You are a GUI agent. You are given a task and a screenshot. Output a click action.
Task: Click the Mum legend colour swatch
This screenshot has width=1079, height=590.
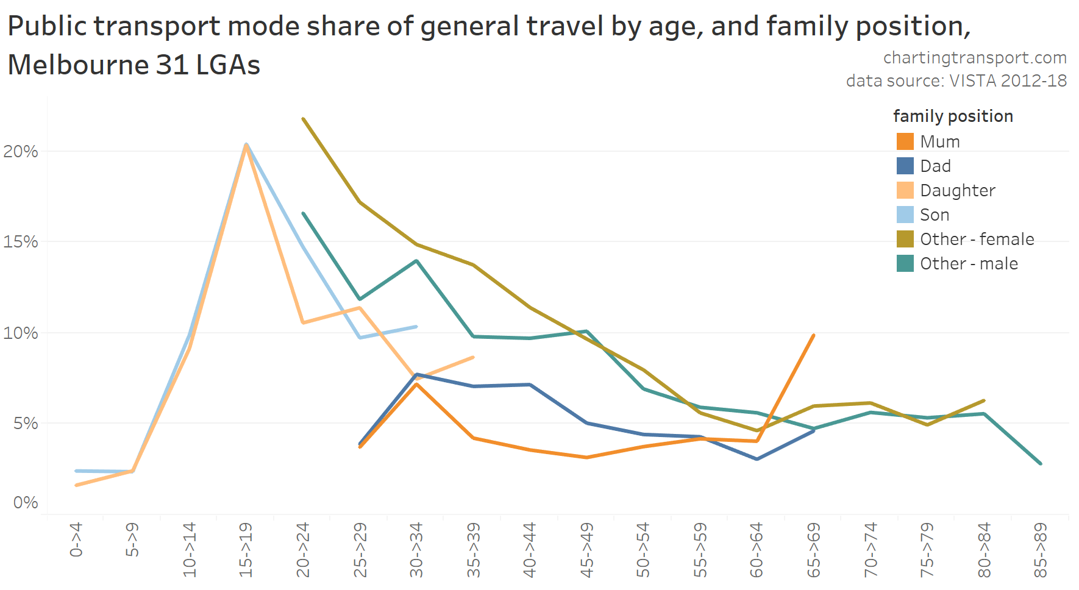(x=905, y=141)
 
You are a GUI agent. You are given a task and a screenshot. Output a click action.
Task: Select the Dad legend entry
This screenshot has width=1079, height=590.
(x=935, y=166)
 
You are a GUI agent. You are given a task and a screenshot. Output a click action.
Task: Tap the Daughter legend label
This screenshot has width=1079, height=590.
(x=957, y=190)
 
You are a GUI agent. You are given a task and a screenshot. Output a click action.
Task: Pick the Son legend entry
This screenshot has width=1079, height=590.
(x=935, y=215)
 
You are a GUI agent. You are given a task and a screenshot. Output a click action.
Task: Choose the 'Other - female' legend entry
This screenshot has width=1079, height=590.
(x=977, y=239)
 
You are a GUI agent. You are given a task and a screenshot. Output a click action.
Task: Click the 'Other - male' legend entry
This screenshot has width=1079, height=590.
(x=969, y=263)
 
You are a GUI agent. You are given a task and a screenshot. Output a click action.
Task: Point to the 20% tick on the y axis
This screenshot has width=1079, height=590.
(x=21, y=151)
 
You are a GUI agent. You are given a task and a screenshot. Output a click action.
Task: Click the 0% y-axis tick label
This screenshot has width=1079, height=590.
(x=25, y=502)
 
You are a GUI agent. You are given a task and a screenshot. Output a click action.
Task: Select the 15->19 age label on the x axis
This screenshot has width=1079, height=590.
(x=246, y=549)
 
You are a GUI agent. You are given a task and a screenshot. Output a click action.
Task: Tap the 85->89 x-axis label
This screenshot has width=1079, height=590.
(x=1041, y=549)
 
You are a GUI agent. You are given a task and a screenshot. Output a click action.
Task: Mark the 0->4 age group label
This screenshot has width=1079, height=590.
(x=76, y=539)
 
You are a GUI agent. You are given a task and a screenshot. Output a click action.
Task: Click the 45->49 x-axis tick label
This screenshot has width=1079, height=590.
(x=586, y=549)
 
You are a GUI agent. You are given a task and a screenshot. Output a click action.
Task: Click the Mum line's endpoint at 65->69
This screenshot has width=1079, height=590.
(x=814, y=335)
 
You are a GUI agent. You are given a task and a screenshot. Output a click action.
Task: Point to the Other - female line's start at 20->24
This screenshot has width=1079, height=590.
(x=303, y=119)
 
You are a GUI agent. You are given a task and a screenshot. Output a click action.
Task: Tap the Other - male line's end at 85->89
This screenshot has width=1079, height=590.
(x=1041, y=464)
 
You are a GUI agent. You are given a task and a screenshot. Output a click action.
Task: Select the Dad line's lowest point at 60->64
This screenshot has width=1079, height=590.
(x=757, y=459)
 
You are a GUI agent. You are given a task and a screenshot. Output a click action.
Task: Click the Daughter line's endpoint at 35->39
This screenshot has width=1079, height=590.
(x=473, y=357)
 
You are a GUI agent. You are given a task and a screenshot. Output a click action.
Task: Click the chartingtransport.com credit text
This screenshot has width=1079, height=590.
(x=974, y=57)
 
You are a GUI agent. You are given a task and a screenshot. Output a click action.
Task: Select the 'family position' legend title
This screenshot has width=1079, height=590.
(x=953, y=116)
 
